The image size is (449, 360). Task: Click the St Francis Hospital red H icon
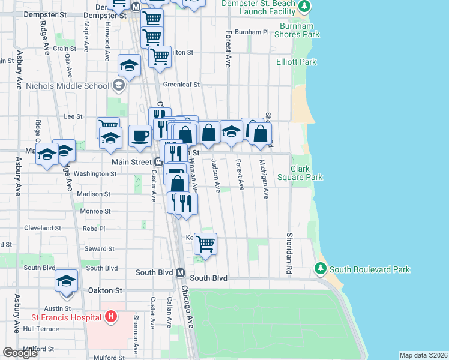(110, 316)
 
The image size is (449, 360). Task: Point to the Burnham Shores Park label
(297, 30)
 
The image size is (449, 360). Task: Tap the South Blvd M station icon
(179, 272)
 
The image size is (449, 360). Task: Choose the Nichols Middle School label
(68, 86)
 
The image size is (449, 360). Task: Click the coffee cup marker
(140, 136)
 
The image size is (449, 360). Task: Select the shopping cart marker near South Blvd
(205, 244)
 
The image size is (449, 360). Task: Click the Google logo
(20, 353)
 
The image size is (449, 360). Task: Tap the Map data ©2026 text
(423, 355)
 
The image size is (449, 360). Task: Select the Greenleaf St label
(181, 85)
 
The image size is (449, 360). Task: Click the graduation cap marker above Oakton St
(67, 281)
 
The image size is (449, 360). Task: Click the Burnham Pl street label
(252, 32)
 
